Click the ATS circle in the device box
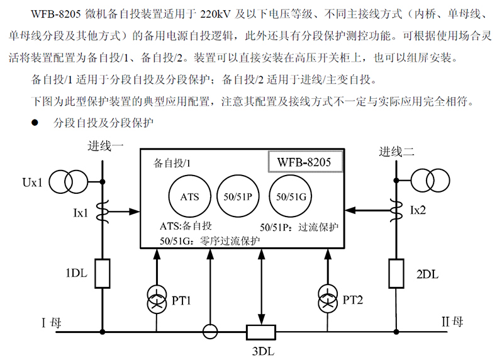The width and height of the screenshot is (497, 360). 189,197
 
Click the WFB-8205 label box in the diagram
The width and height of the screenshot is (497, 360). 305,162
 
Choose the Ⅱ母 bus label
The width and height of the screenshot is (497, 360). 452,322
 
